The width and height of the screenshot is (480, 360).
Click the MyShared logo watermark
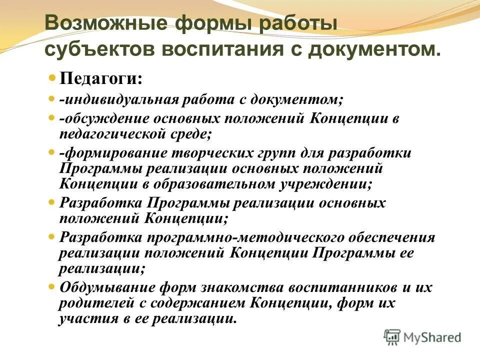pyautogui.click(x=423, y=337)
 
